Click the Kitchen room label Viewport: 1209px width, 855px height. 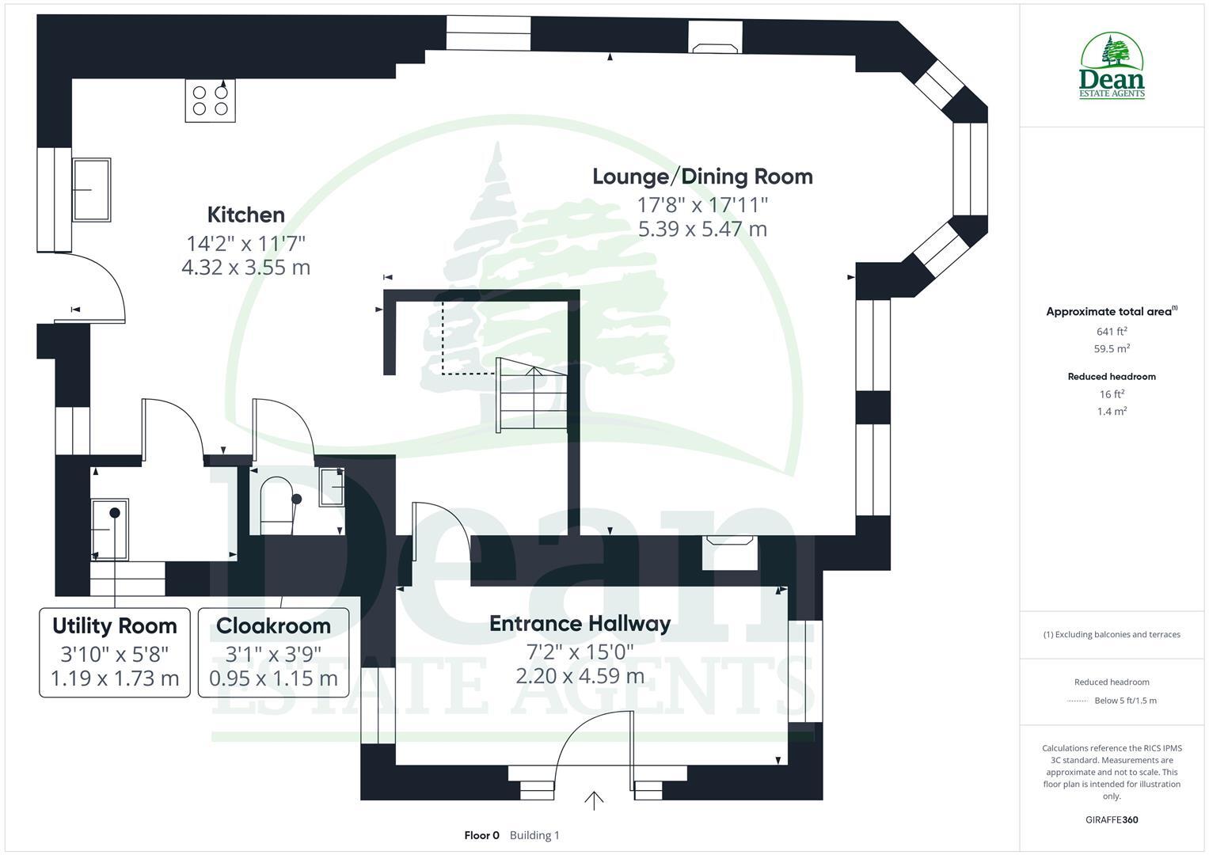pyautogui.click(x=245, y=215)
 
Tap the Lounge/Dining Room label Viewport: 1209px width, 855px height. pyautogui.click(x=702, y=176)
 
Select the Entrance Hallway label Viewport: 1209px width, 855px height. pyautogui.click(x=580, y=624)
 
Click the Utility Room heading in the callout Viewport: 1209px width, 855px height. pyautogui.click(x=115, y=626)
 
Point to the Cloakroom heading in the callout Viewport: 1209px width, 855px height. pyautogui.click(x=273, y=626)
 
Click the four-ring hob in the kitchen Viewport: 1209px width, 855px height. pyautogui.click(x=210, y=101)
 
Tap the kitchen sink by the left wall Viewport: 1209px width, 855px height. pyautogui.click(x=92, y=189)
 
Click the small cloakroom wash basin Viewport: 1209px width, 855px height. pyautogui.click(x=331, y=486)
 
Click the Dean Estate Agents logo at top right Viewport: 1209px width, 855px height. pyautogui.click(x=1112, y=66)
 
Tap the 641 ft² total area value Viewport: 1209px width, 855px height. pyautogui.click(x=1112, y=332)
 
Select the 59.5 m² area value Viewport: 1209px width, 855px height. pyautogui.click(x=1112, y=348)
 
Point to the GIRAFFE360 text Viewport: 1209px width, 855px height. pyautogui.click(x=1112, y=820)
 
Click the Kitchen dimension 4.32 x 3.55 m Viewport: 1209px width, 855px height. pyautogui.click(x=245, y=268)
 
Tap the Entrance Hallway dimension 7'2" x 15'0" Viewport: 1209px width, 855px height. pyautogui.click(x=580, y=652)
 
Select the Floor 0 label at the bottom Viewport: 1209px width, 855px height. pyautogui.click(x=481, y=835)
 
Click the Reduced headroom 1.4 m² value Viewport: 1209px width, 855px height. pyautogui.click(x=1112, y=412)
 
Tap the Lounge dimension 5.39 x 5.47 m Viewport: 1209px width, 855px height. pyautogui.click(x=702, y=230)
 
